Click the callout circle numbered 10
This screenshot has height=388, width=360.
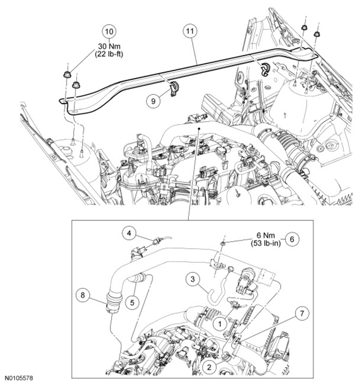point(109,31)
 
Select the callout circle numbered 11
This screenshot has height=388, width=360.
point(190,31)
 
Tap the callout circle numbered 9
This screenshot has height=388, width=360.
point(153,101)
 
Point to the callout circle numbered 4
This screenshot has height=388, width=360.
point(129,233)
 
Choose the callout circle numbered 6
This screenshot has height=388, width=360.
point(292,239)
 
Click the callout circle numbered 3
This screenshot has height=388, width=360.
point(192,280)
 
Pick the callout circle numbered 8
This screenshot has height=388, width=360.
point(83,295)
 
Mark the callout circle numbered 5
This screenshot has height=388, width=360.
point(132,302)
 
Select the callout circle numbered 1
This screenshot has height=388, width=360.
point(220,324)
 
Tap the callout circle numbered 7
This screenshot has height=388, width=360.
point(302,314)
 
